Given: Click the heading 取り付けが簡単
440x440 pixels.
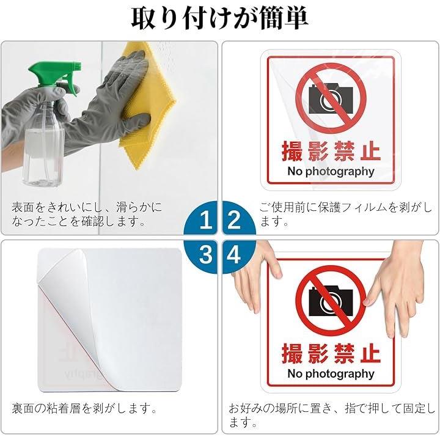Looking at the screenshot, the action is pos(220,18).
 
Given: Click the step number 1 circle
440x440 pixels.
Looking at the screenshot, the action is pos(202,218).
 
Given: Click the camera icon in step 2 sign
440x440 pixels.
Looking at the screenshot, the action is pos(331,99).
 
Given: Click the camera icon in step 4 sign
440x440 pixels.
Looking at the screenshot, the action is pos(331,302).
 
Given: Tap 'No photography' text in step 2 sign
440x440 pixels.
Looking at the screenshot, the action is pos(331,172).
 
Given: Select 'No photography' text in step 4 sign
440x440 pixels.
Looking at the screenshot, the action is pos(331,374).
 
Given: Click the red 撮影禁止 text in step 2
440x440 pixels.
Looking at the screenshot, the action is pos(331,152).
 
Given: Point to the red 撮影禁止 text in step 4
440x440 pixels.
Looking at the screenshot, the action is pos(331,354).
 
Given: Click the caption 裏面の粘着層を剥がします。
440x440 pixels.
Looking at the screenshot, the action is pos(84,408).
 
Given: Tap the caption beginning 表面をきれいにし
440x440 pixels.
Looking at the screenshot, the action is pos(87,215).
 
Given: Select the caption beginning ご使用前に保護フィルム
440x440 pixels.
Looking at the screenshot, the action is pos(346,215).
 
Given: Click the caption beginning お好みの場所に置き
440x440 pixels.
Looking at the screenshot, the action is pos(332,415).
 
